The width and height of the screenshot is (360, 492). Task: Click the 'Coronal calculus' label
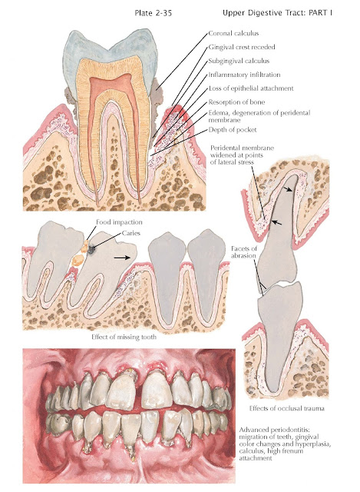[x=233, y=33]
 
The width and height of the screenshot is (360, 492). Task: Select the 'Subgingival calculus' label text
[x=239, y=61]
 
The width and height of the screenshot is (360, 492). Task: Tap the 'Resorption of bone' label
[x=236, y=102]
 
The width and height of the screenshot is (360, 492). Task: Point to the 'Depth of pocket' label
[x=233, y=130]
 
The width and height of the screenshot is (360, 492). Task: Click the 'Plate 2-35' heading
[x=154, y=13]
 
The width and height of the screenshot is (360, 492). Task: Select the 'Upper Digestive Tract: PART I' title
[x=277, y=13]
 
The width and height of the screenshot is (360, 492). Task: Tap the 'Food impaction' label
[x=119, y=222]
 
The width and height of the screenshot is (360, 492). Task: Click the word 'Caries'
[x=131, y=233]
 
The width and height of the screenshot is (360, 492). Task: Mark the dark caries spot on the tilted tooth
[x=91, y=249]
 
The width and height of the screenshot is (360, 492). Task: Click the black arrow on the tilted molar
[x=122, y=258]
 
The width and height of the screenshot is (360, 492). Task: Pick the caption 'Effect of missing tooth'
[x=124, y=337]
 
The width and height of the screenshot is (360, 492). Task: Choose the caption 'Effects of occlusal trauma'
[x=286, y=408]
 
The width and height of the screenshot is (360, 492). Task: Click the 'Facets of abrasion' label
[x=244, y=252]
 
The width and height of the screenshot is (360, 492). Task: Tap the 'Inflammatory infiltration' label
[x=244, y=75]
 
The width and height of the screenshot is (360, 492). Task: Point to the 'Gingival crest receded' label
[x=242, y=47]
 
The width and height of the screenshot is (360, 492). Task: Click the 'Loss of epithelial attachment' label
[x=251, y=88]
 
